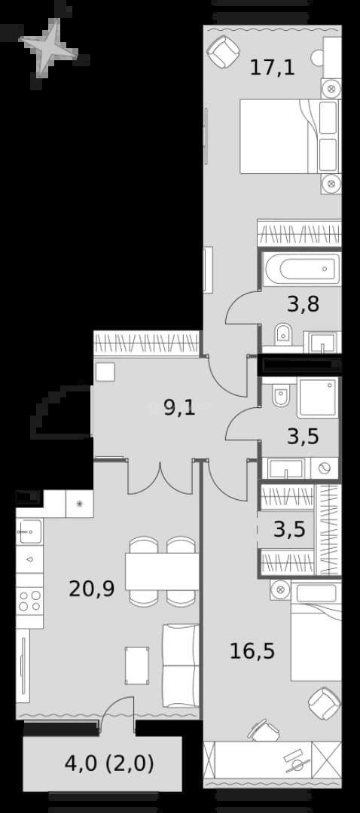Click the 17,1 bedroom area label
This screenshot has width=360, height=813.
click(x=273, y=68)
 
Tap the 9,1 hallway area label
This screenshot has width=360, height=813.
click(x=179, y=409)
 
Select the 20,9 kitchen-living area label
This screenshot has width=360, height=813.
click(x=92, y=589)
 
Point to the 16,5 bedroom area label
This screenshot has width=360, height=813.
click(x=252, y=650)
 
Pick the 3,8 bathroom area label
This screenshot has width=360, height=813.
click(x=303, y=304)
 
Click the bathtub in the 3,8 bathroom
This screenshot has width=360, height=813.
click(x=301, y=269)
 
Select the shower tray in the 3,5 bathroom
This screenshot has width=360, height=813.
click(x=318, y=397)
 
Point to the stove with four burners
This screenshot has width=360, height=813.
click(x=29, y=601)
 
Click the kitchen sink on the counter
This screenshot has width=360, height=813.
click(x=29, y=531)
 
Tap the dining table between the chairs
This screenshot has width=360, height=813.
click(x=163, y=571)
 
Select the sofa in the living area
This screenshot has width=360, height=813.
click(x=181, y=665)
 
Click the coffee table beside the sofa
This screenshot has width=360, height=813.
click(x=137, y=665)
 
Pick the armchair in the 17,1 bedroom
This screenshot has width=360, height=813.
click(x=223, y=51)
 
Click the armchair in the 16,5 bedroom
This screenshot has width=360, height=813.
click(x=324, y=704)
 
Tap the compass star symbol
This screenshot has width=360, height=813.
click(x=49, y=47)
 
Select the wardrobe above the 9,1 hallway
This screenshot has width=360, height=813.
click(x=147, y=343)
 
